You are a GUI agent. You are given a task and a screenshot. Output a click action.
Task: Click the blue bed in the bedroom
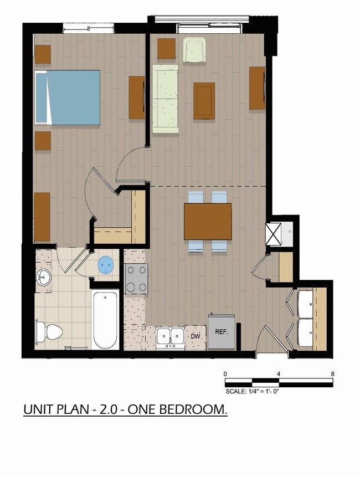click(x=68, y=98)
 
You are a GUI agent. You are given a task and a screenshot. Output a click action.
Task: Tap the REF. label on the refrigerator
click(x=222, y=332)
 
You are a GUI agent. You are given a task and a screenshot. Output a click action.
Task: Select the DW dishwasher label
click(x=196, y=336)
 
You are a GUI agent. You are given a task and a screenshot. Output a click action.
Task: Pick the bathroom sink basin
click(x=43, y=277)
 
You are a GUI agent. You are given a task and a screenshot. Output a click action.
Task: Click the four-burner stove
click(x=136, y=279)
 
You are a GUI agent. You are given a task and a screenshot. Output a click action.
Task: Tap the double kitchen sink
click(x=170, y=337)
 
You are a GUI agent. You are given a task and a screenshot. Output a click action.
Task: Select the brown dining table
click(x=208, y=222)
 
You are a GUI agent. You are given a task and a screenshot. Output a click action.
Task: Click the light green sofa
click(x=166, y=99)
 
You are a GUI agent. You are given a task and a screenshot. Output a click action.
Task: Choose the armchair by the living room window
click(x=195, y=50)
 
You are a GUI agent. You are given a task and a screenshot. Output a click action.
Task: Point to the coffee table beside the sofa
click(x=204, y=101)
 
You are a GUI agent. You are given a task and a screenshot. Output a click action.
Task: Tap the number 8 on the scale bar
click(x=333, y=374)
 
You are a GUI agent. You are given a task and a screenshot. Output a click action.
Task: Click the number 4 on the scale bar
click(x=278, y=374)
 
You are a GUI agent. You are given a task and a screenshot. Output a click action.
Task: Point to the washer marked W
click(x=305, y=304)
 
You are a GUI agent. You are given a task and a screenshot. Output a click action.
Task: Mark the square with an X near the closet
click(x=273, y=234)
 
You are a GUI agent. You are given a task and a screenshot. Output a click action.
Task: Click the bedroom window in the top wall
click(x=89, y=29)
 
